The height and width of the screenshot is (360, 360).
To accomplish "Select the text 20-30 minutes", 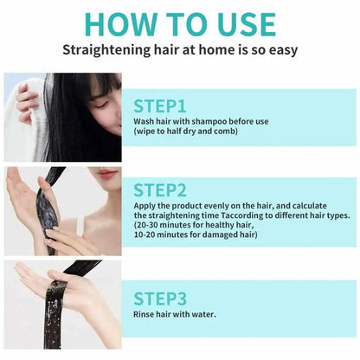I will click(164, 223).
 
